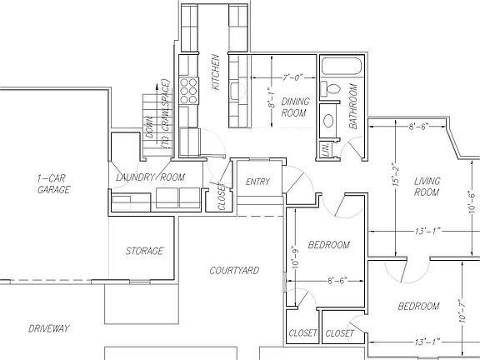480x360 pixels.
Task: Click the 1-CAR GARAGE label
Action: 52,184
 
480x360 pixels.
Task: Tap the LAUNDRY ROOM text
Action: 150,177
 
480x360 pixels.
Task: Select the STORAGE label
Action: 144,251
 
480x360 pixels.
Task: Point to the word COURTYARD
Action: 233,271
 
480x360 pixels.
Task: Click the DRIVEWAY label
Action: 47,327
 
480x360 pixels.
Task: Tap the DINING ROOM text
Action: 295,107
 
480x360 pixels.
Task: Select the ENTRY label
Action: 257,182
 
